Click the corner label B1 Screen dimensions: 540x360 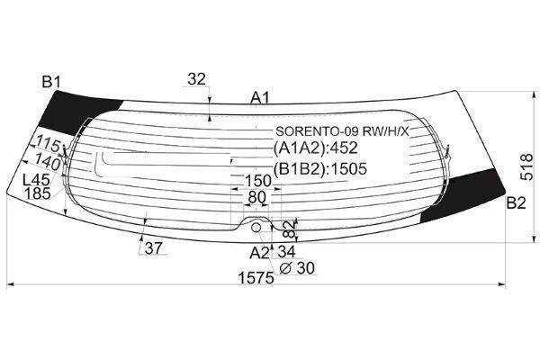click(51, 82)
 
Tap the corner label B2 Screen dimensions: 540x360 click(516, 203)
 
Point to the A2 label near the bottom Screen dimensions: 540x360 click(259, 253)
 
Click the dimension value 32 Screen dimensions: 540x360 click(196, 79)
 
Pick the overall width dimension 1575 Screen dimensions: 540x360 click(256, 278)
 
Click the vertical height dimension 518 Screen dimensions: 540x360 click(526, 167)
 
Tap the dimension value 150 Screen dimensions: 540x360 click(258, 181)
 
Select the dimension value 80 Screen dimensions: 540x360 click(256, 197)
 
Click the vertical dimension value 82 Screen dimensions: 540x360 click(291, 229)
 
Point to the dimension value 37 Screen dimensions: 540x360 click(153, 248)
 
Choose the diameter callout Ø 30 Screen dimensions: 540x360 click(297, 268)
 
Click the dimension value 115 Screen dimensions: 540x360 click(49, 143)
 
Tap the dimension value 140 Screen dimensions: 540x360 click(48, 162)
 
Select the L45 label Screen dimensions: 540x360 click(36, 180)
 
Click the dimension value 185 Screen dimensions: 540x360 click(38, 193)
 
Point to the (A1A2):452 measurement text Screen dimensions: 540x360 click(316, 148)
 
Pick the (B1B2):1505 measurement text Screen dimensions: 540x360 click(319, 168)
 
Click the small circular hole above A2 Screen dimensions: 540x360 click(256, 227)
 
